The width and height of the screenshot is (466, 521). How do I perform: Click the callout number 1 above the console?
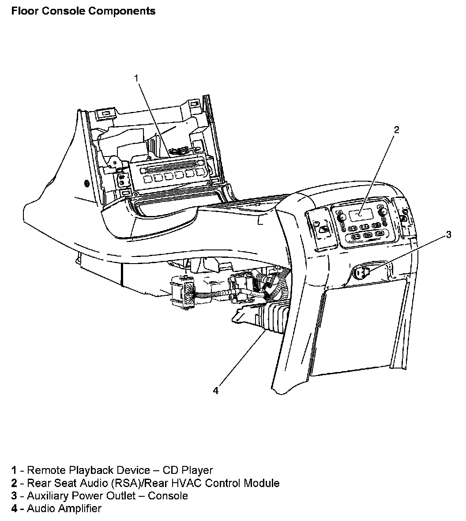136,78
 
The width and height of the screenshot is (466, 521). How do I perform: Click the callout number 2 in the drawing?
396,129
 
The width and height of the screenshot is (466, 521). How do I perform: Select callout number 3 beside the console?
448,234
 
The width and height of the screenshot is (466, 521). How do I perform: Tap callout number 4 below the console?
216,391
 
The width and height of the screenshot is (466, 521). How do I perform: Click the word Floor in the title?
24,11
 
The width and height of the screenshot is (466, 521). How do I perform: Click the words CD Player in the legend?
188,470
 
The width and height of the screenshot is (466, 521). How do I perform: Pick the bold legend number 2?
15,483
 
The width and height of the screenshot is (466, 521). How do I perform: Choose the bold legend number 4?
15,509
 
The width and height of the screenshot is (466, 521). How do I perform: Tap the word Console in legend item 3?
168,496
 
